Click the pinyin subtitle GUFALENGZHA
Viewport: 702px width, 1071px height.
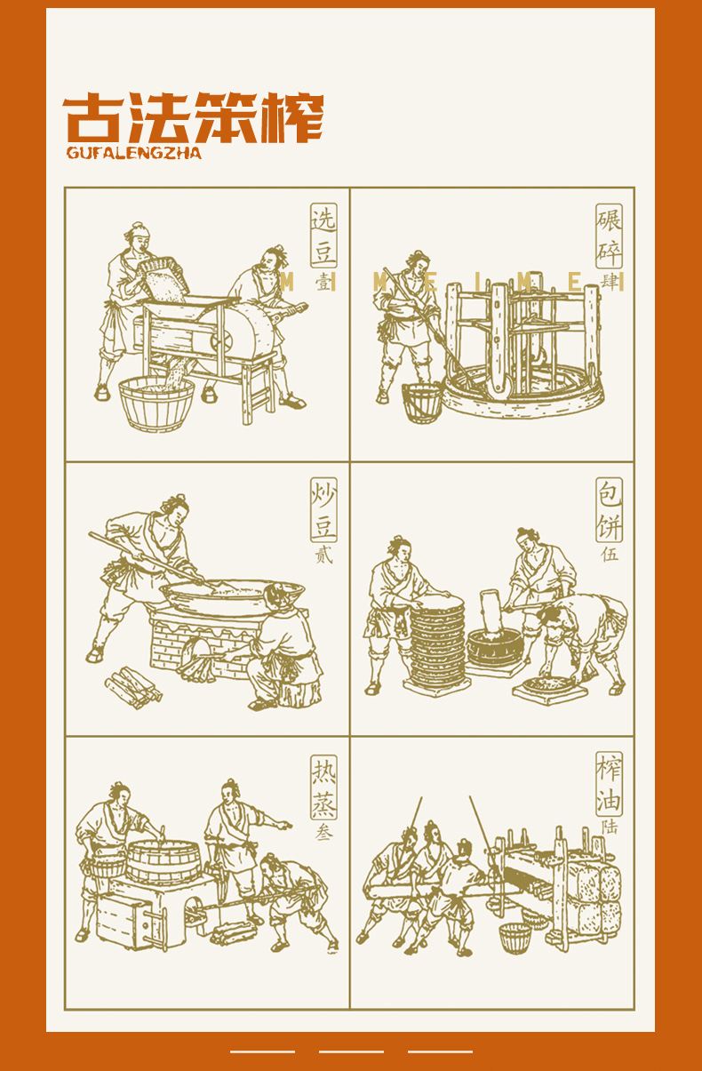click(134, 153)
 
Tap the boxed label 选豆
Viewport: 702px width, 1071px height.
click(323, 236)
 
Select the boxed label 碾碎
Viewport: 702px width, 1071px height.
click(609, 236)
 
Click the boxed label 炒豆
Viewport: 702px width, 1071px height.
click(323, 509)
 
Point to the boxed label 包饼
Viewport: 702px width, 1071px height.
click(609, 509)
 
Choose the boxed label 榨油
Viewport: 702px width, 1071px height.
click(609, 784)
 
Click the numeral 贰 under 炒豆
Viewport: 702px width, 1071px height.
click(323, 555)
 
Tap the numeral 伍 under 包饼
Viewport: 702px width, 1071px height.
click(610, 554)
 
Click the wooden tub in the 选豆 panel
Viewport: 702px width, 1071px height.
click(156, 404)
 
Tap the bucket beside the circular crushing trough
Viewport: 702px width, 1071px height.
click(421, 402)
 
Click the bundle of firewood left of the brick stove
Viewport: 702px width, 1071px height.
click(133, 688)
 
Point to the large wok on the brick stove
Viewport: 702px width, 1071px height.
click(233, 597)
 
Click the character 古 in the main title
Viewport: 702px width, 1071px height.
click(93, 117)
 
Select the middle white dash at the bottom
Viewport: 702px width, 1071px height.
click(351, 1051)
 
